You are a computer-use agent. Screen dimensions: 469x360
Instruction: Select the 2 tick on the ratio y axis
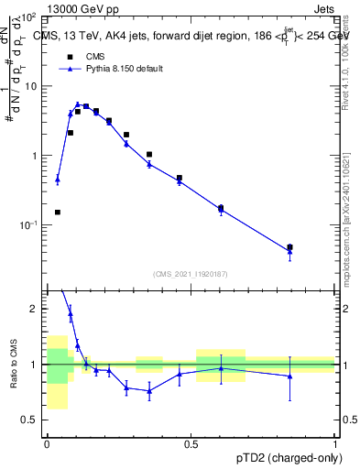[x=33, y=310]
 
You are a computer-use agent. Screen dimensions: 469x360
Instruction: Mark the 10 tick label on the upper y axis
[x=29, y=86]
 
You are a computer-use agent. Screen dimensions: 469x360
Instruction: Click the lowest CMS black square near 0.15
[x=58, y=213]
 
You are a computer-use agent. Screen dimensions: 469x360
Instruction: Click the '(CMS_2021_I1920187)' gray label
[x=190, y=273]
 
